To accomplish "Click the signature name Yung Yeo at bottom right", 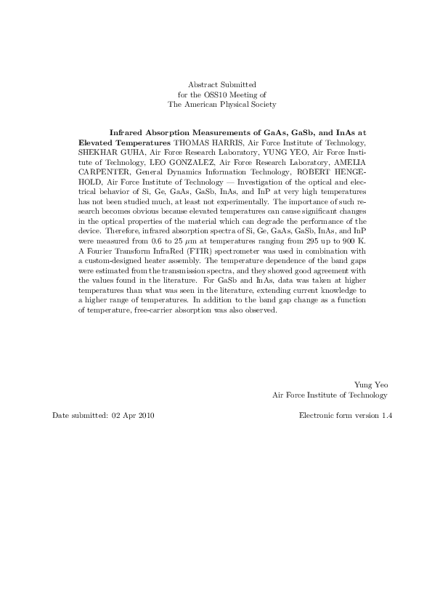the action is tap(370, 384).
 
